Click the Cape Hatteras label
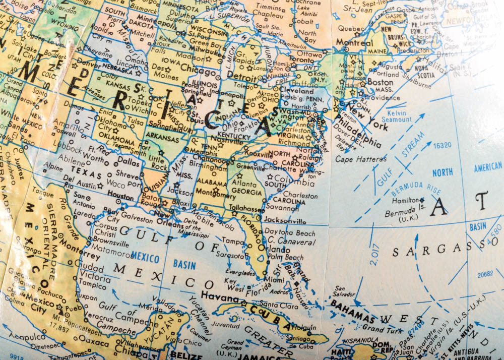pos(361,159)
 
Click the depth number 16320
pos(442,145)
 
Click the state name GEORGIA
pos(246,192)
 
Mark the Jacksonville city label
pos(285,220)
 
